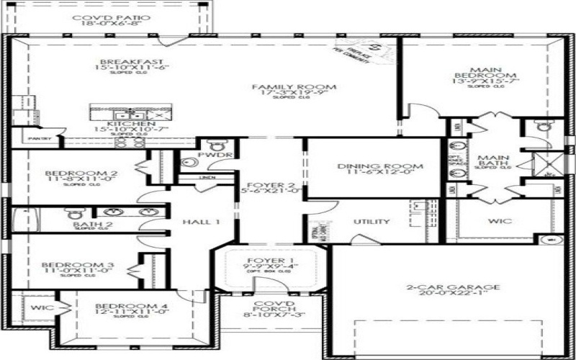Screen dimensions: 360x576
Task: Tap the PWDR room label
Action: coord(218,153)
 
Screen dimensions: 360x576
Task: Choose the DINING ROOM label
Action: coord(380,166)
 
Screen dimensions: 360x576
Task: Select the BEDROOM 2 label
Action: coord(71,174)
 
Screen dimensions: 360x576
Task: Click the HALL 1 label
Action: coord(200,222)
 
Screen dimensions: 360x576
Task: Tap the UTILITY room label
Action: coord(372,222)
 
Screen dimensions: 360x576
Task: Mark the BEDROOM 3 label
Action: coord(71,264)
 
